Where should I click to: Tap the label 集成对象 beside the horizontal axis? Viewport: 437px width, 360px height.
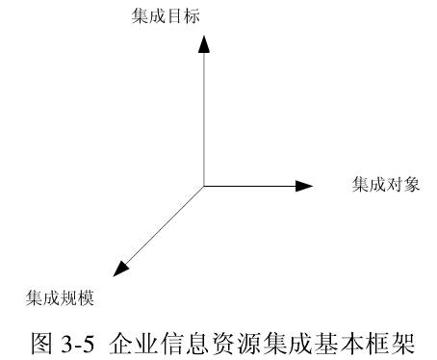[x=386, y=185]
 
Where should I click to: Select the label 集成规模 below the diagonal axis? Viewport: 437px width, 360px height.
[x=59, y=297]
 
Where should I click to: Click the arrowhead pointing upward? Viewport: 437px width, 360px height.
[x=202, y=43]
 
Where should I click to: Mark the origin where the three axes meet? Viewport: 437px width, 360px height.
[x=202, y=186]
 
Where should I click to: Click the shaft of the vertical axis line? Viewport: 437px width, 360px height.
[x=202, y=116]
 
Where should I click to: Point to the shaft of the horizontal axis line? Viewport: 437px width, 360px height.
[x=250, y=186]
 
